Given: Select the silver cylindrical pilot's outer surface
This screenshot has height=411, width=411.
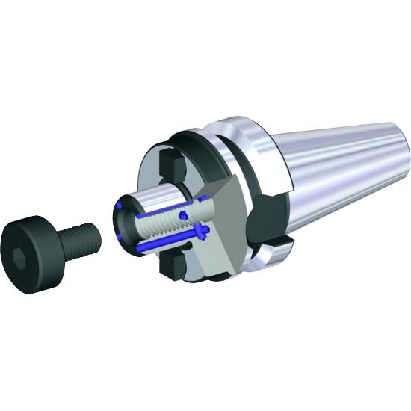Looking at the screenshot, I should point(149,194).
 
